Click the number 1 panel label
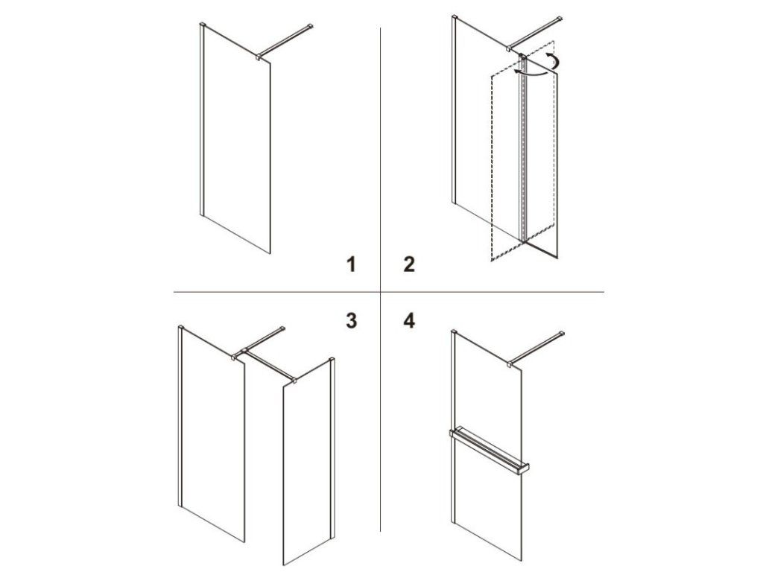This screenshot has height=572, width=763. click(351, 264)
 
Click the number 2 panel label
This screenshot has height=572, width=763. click(409, 264)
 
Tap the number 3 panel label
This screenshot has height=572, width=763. click(351, 321)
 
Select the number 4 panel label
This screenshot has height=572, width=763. click(409, 321)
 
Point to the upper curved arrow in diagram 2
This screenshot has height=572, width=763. click(553, 60)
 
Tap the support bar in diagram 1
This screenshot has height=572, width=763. click(285, 41)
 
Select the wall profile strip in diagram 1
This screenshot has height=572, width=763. click(203, 119)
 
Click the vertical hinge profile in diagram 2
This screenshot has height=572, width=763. click(523, 148)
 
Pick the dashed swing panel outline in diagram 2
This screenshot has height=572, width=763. click(522, 164)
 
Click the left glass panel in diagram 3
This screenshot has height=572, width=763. click(212, 433)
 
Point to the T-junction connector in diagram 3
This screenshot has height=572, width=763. click(244, 351)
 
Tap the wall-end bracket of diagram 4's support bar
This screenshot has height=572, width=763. click(562, 334)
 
